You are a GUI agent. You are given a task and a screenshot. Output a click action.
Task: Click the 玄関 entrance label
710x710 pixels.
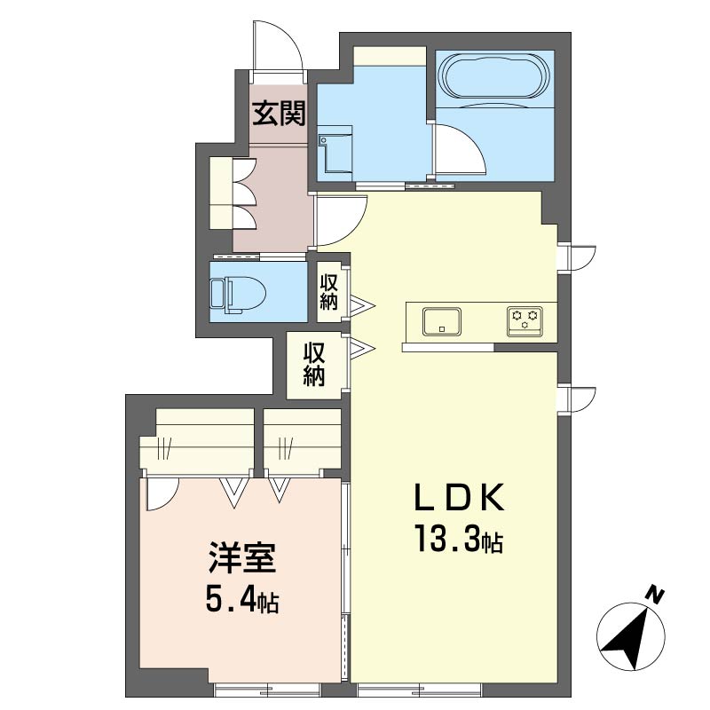click(x=279, y=114)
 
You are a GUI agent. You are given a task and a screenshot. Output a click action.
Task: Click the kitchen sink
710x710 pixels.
click(x=441, y=321)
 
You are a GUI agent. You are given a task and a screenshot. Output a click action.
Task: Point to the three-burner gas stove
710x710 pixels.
click(x=525, y=321)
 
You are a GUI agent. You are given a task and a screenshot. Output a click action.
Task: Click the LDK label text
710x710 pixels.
click(x=459, y=497)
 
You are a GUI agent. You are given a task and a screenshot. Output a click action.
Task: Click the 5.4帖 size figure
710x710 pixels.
click(x=242, y=598)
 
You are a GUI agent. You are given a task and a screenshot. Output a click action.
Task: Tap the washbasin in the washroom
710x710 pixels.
click(x=335, y=153)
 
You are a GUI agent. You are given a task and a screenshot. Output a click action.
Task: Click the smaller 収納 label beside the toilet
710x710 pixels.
click(x=329, y=293)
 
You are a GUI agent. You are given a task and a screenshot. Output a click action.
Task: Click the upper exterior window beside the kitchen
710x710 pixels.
click(x=575, y=258)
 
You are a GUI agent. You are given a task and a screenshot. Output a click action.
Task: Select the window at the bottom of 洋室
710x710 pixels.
click(x=267, y=689)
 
